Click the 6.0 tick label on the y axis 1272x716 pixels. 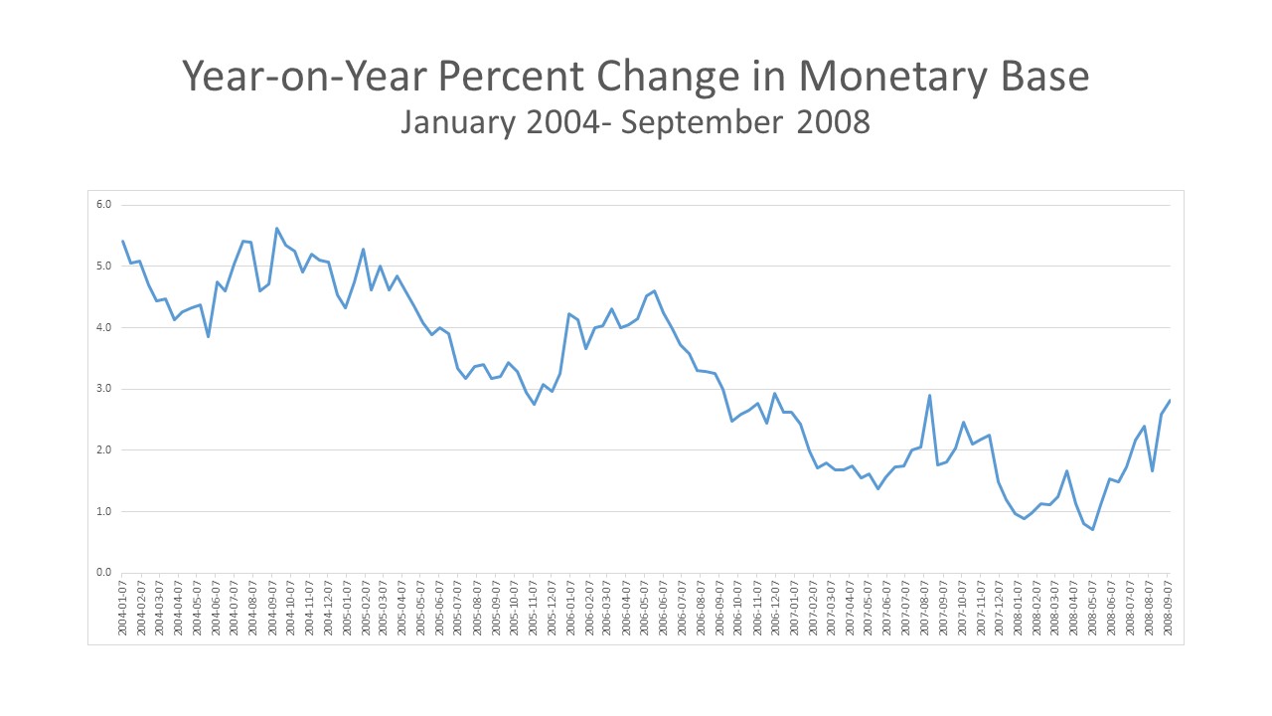pos(103,205)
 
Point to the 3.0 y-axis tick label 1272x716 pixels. pos(103,389)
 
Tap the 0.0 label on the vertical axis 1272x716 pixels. pos(103,573)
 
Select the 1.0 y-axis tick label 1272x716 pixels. pos(103,511)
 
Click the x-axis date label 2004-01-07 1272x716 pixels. pos(123,607)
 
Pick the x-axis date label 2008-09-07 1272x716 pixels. pos(1169,607)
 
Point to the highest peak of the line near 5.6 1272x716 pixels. pos(277,228)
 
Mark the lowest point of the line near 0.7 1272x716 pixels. pos(1092,529)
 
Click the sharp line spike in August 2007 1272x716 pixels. pos(929,395)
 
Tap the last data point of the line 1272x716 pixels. pos(1170,400)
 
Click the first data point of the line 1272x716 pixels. pos(122,241)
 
